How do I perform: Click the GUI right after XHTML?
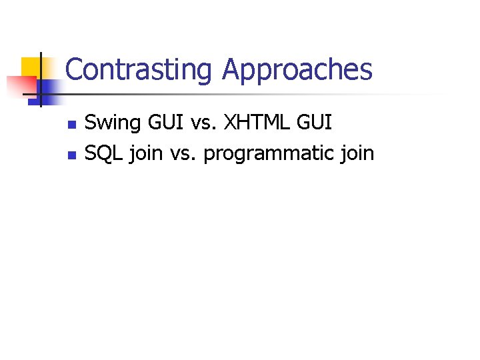click(314, 123)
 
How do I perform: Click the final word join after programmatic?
click(357, 154)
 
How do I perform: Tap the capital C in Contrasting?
click(74, 70)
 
